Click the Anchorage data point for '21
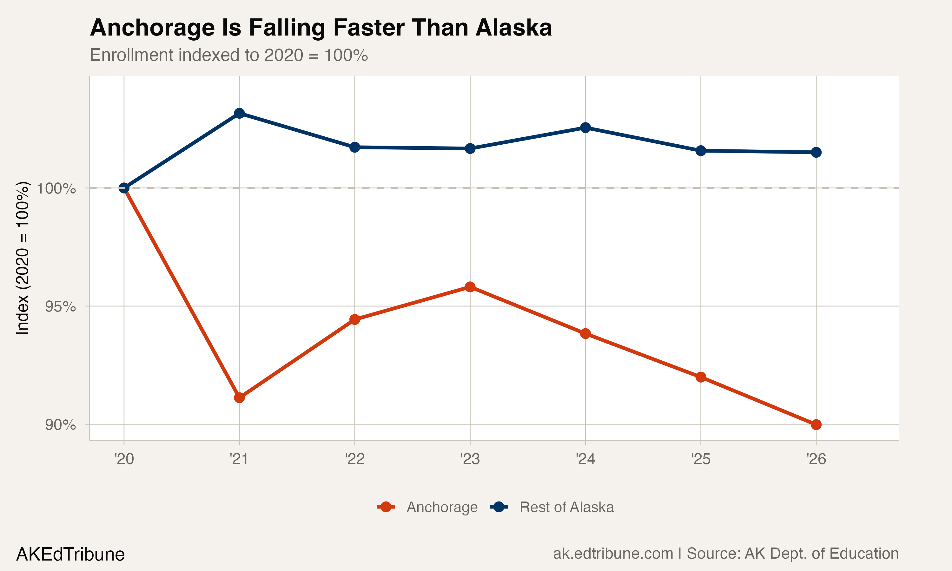(x=239, y=397)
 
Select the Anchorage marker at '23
(x=470, y=287)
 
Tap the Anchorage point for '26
(x=816, y=425)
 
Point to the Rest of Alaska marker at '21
(x=239, y=113)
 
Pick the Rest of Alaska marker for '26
(x=816, y=152)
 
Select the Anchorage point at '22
(x=355, y=319)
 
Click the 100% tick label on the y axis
(x=56, y=188)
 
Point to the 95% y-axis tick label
(x=60, y=307)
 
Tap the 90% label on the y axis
(x=60, y=425)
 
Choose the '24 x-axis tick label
(x=585, y=459)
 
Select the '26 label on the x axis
(x=816, y=459)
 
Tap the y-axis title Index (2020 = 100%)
(x=22, y=258)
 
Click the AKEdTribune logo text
(x=70, y=555)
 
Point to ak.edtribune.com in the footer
(x=613, y=554)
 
